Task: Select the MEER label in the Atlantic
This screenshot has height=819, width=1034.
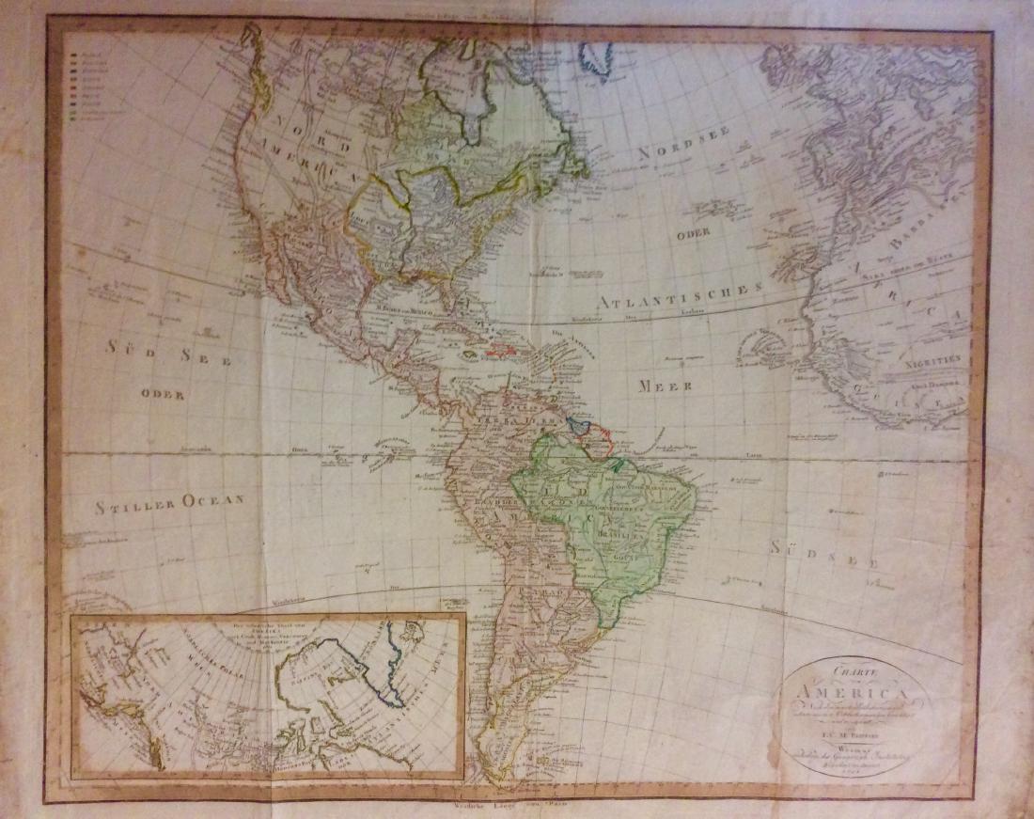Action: [666, 386]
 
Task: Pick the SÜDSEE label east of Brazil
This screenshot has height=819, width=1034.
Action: [824, 554]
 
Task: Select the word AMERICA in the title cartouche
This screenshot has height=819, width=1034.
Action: [841, 694]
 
